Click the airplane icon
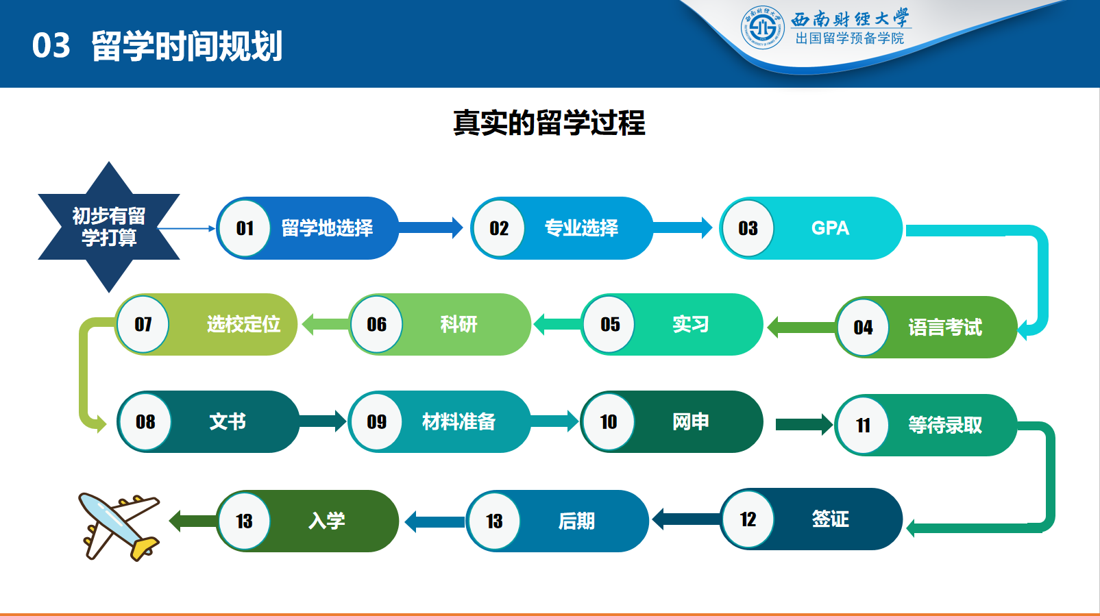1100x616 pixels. (118, 526)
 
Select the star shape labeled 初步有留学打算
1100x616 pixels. (109, 227)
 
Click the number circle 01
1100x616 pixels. (245, 228)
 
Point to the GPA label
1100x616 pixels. (829, 228)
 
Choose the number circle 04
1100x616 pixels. (863, 328)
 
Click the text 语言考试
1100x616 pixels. (944, 328)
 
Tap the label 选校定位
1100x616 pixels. (243, 324)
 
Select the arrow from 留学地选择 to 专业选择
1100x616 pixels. (430, 227)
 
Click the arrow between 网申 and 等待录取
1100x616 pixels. (803, 425)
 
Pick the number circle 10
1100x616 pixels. (608, 422)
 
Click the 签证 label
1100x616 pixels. (830, 519)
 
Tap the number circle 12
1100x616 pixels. (748, 519)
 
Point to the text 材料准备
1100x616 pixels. (459, 422)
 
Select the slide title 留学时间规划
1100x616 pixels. (186, 46)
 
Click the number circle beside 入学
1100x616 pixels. (244, 521)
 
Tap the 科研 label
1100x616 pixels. (459, 324)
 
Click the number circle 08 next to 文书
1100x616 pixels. (145, 422)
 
